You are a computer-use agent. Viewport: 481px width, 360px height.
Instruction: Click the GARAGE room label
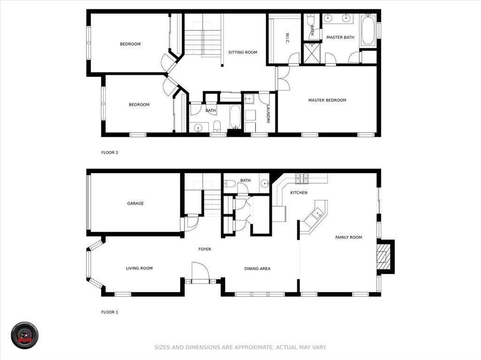[135, 203]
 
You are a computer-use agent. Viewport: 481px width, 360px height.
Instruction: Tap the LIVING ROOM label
[139, 268]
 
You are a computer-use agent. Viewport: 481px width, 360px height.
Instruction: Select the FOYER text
[205, 249]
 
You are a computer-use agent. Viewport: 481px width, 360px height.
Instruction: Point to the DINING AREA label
[257, 269]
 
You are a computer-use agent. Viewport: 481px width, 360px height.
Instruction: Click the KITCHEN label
[299, 193]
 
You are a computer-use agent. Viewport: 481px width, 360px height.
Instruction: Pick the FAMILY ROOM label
[349, 237]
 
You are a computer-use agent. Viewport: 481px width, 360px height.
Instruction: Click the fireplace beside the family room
[385, 257]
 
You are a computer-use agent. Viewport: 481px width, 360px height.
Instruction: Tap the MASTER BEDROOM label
[327, 100]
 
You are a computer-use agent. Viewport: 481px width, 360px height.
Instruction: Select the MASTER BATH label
[340, 38]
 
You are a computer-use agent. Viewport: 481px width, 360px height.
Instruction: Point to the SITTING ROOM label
[243, 53]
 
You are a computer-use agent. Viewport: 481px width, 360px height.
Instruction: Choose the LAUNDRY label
[268, 114]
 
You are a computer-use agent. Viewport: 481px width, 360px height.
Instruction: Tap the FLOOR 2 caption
[109, 153]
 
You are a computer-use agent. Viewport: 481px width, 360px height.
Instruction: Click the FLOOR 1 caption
[109, 312]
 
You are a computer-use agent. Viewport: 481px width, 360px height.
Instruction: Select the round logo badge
[24, 335]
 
